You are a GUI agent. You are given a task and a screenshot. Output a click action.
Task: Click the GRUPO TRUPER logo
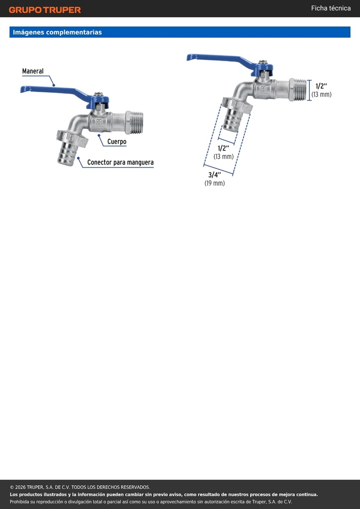click(x=45, y=10)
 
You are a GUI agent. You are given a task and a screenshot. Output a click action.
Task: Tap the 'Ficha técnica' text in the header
click(x=331, y=8)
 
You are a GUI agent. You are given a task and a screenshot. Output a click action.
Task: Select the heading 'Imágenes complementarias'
click(x=57, y=32)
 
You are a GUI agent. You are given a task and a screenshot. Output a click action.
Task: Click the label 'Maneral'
click(x=33, y=71)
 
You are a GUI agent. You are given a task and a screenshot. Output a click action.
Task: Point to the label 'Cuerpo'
click(x=117, y=142)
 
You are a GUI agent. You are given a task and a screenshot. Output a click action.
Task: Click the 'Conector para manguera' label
click(x=120, y=162)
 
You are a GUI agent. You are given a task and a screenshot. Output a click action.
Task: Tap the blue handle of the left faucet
click(x=62, y=94)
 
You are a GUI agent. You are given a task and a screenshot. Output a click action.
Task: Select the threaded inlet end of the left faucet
click(x=134, y=122)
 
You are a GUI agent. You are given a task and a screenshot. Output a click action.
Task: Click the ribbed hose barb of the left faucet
click(x=67, y=155)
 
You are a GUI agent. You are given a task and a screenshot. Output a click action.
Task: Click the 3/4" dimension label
click(x=215, y=175)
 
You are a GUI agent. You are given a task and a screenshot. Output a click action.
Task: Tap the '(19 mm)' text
click(x=215, y=183)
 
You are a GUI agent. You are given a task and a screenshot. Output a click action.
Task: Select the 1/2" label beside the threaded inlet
click(x=321, y=86)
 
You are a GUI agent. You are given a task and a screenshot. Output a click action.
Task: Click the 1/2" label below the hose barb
click(x=223, y=148)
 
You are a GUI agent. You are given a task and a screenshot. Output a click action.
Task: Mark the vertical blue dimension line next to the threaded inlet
click(x=309, y=90)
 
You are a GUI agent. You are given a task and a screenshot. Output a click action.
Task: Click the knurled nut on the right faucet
click(x=237, y=105)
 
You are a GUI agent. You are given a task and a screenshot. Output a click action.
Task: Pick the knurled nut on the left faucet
click(x=72, y=139)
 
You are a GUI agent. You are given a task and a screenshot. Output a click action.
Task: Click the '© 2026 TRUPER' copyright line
click(x=80, y=487)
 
